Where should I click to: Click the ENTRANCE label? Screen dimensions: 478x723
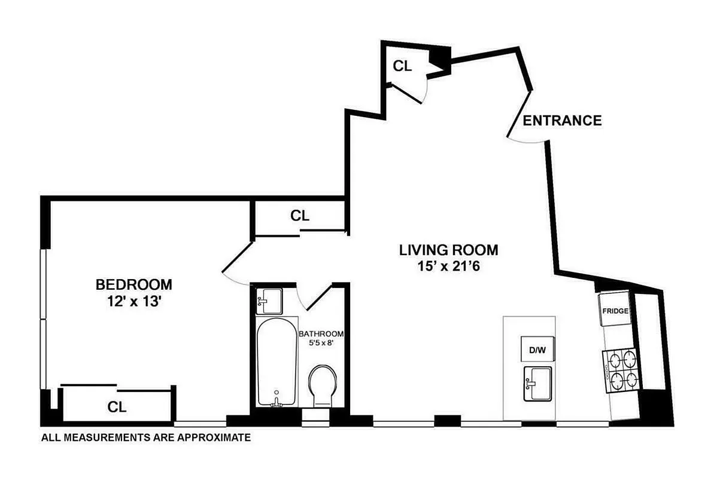click(x=562, y=121)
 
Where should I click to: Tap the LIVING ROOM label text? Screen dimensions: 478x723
click(x=448, y=250)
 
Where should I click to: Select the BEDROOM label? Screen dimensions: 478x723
click(x=134, y=284)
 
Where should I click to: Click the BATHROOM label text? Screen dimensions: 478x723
click(x=321, y=333)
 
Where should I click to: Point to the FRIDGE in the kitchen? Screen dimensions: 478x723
click(x=614, y=311)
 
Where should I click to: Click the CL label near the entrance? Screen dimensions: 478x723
click(x=402, y=66)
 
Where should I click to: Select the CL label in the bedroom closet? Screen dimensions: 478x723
click(x=117, y=407)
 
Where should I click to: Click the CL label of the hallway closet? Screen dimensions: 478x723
click(x=300, y=216)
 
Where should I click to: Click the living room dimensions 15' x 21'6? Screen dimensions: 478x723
click(x=449, y=266)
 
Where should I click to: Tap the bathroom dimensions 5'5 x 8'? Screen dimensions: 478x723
click(x=321, y=344)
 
